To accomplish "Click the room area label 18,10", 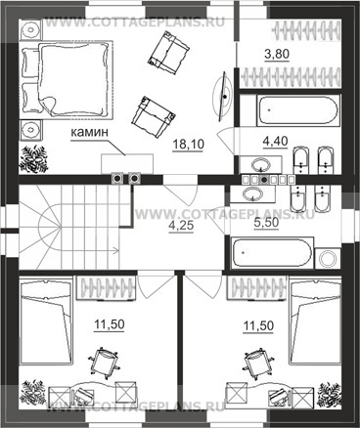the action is coord(188,144).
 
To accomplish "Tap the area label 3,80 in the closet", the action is coord(277,54).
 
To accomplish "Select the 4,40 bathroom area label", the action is coord(275,141).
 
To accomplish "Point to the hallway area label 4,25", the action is coord(181,226).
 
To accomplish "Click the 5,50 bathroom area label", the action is coord(266,223).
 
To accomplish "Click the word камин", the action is coord(89,132).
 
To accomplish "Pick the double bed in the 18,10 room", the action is coord(67,79).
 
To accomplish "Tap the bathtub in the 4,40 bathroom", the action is coord(298,110).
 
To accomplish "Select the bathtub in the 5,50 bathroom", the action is coord(272,254).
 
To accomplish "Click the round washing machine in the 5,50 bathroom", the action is coord(328,259).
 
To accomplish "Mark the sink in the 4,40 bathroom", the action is coord(261,164).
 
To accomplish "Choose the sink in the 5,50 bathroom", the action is coord(252,193).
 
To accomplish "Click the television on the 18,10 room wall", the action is coord(223,97).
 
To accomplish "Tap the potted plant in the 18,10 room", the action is coord(33,158).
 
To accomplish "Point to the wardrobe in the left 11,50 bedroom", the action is coord(106,287).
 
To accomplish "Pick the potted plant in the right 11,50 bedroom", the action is coord(330,394).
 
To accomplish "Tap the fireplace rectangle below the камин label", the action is coord(127,163).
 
